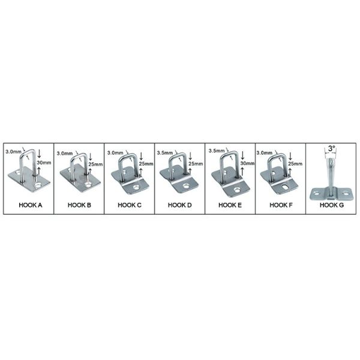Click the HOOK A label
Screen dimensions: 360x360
pyautogui.click(x=28, y=205)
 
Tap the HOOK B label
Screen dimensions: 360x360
pyautogui.click(x=79, y=205)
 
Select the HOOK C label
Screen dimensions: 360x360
pyautogui.click(x=129, y=205)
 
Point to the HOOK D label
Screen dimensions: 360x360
pyautogui.click(x=179, y=205)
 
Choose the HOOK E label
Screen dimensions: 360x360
pyautogui.click(x=230, y=205)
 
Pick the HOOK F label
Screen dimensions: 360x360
pyautogui.click(x=280, y=205)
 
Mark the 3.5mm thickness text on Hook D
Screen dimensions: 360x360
pyautogui.click(x=164, y=152)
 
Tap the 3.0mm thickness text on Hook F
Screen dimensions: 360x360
pyautogui.click(x=265, y=152)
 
